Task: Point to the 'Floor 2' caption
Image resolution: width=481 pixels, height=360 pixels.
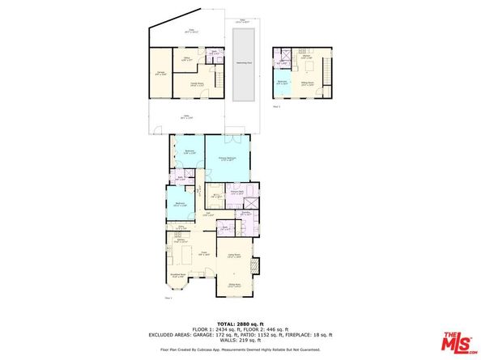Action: click(x=276, y=106)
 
